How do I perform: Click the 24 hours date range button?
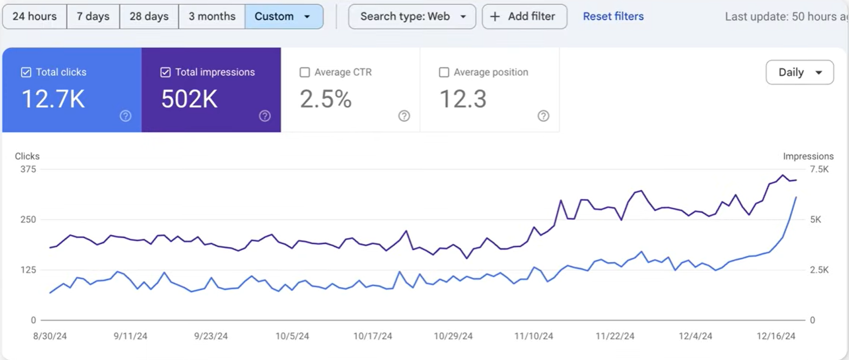34,16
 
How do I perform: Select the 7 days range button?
93,16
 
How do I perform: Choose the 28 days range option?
149,16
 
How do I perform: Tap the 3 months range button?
212,16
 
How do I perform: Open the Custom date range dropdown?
283,16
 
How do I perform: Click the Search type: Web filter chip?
412,16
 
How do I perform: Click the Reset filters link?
613,16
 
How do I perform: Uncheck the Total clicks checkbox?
26,72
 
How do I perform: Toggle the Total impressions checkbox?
166,72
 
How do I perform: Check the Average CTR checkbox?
305,72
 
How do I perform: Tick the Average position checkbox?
444,72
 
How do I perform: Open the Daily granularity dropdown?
799,73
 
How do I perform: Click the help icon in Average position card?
543,116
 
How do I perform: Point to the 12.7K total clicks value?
53,99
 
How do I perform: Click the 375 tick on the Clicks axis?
28,169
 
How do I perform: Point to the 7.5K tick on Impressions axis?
819,169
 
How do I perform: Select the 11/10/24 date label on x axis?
533,336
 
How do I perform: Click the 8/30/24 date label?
50,336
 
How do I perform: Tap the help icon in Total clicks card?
126,116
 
